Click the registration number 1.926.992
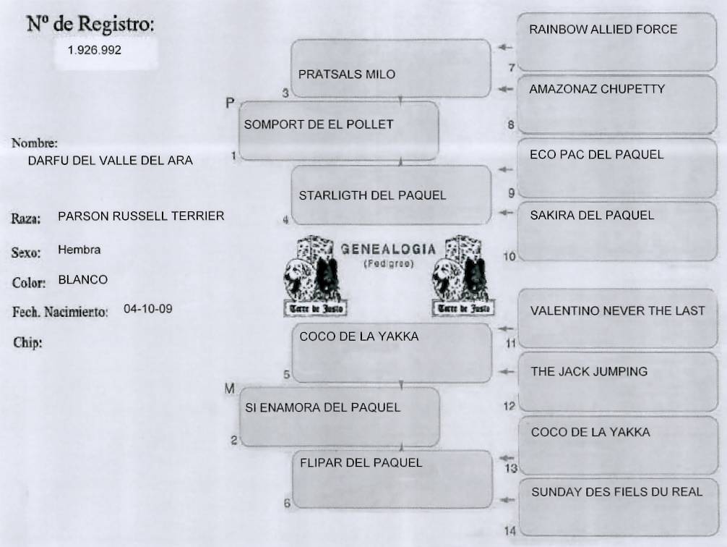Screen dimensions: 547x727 [94, 51]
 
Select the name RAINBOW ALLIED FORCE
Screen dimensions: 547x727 [603, 30]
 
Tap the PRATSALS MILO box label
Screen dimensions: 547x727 [347, 75]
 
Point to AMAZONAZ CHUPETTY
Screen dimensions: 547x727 [597, 90]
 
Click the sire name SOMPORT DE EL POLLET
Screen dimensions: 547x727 [319, 124]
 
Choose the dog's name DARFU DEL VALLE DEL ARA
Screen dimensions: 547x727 [110, 161]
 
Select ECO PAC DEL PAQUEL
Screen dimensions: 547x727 [596, 155]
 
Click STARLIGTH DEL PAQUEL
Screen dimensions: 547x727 [372, 195]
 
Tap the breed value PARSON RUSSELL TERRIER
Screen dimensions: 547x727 [141, 216]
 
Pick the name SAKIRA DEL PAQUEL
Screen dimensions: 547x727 [592, 215]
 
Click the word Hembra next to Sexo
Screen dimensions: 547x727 [79, 250]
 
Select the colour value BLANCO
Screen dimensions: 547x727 [82, 279]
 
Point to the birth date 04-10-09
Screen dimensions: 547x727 [148, 308]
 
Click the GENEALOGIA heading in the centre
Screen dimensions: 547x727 [388, 250]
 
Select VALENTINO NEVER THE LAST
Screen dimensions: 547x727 [617, 311]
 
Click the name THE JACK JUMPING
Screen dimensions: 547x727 [589, 372]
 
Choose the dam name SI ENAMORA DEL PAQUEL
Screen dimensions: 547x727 [322, 407]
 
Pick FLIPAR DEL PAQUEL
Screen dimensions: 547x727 [361, 462]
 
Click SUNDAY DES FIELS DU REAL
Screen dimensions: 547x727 [616, 492]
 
